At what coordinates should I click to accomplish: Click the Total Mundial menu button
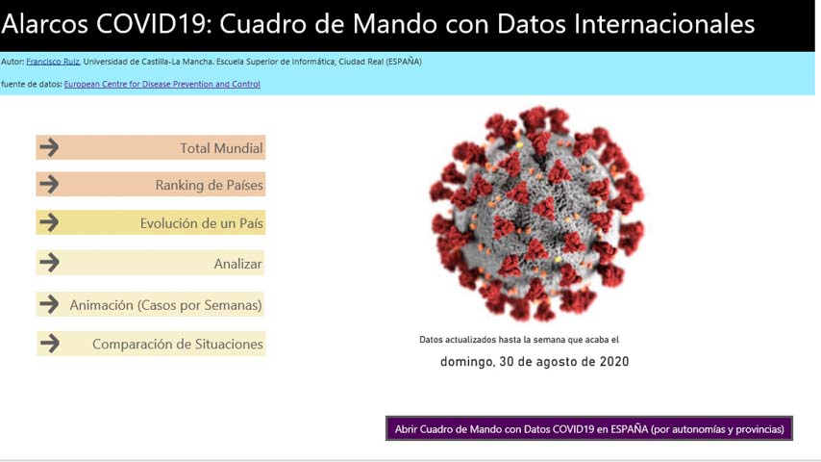click(151, 147)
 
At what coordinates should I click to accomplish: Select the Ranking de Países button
click(151, 184)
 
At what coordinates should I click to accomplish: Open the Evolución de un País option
click(151, 222)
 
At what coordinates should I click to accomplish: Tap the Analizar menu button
click(150, 263)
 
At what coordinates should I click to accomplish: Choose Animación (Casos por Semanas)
click(150, 304)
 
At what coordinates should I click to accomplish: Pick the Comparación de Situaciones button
click(151, 344)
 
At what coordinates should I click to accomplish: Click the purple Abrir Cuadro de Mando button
click(589, 428)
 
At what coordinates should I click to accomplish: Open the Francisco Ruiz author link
click(53, 62)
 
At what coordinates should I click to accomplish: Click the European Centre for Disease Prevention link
click(162, 84)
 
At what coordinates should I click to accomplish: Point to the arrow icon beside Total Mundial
click(49, 147)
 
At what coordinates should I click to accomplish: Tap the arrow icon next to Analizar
click(49, 262)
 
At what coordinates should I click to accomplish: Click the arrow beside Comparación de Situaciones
click(50, 344)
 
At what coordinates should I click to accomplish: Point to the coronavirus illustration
click(536, 214)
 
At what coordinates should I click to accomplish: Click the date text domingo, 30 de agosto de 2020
click(535, 361)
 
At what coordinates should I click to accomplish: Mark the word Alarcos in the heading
click(45, 24)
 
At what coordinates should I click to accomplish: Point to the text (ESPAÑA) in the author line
click(404, 62)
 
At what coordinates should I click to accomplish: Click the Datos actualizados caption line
click(519, 340)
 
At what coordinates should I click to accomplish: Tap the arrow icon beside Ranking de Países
click(49, 184)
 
